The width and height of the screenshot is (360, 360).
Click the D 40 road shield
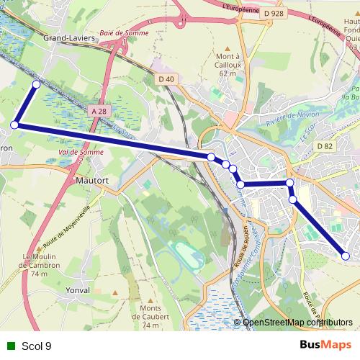click(x=165, y=78)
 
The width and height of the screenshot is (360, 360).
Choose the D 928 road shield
click(x=274, y=13)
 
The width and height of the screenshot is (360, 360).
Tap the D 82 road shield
click(x=325, y=146)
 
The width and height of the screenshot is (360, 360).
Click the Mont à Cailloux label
click(x=228, y=61)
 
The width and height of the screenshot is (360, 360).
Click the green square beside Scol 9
click(x=11, y=346)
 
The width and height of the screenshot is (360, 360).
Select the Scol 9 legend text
click(x=37, y=346)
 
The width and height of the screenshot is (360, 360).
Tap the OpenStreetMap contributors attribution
click(x=298, y=323)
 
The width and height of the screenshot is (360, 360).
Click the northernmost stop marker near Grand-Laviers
click(x=37, y=84)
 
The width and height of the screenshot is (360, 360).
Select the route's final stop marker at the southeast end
click(x=346, y=256)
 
